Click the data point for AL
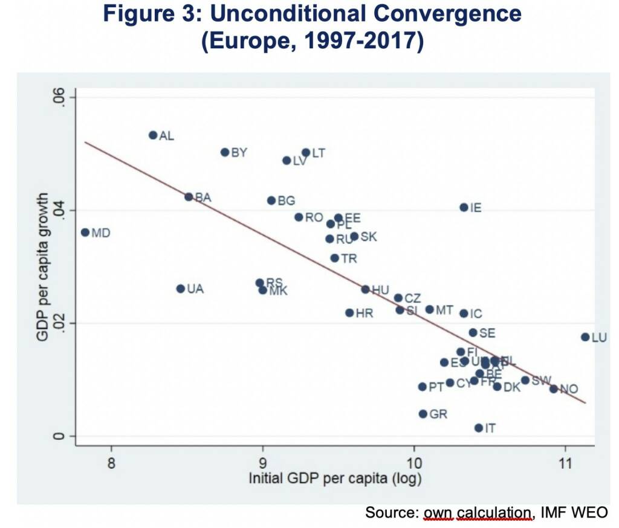pyautogui.click(x=153, y=135)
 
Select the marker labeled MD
pyautogui.click(x=85, y=233)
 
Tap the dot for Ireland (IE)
pyautogui.click(x=464, y=207)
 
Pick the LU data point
pyautogui.click(x=585, y=337)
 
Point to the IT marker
pyautogui.click(x=479, y=428)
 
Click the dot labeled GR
pyautogui.click(x=423, y=414)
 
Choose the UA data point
pyautogui.click(x=180, y=289)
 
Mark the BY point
pyautogui.click(x=225, y=152)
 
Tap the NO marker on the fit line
pyautogui.click(x=553, y=388)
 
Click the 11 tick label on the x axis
pyautogui.click(x=565, y=464)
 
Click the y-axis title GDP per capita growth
pyautogui.click(x=43, y=266)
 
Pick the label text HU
pyautogui.click(x=380, y=290)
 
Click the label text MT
pyautogui.click(x=444, y=310)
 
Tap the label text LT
pyautogui.click(x=318, y=153)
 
